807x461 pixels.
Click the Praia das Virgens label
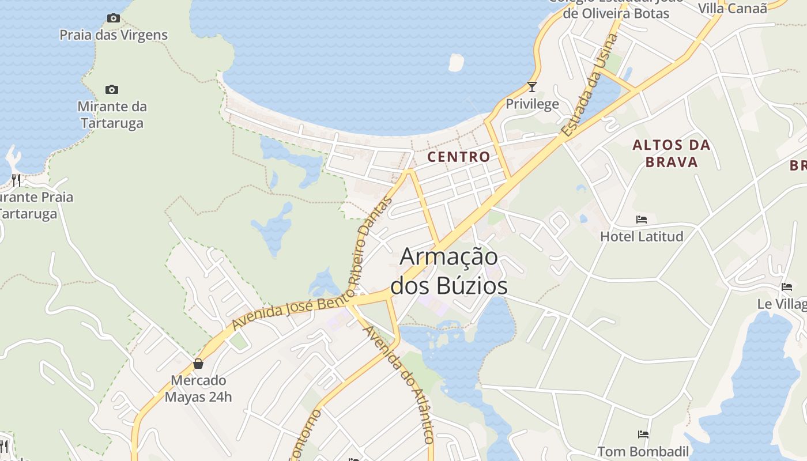tap(114, 35)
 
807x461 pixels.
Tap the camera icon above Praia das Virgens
tap(114, 18)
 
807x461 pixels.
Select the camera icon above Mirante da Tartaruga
tap(112, 89)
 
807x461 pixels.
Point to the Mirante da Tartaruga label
tap(112, 115)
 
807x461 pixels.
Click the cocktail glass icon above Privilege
tap(532, 87)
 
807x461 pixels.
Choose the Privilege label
tap(532, 104)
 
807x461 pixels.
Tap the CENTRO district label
tap(459, 157)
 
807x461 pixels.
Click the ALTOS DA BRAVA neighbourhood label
tap(672, 153)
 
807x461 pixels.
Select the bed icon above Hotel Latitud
tap(642, 220)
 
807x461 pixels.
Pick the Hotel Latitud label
tap(642, 236)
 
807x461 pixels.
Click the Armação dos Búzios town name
tap(449, 271)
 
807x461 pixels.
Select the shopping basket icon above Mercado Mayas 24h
tap(198, 364)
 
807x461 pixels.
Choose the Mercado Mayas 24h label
tap(198, 388)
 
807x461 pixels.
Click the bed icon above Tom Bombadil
tap(643, 434)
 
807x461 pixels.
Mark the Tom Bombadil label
tap(643, 451)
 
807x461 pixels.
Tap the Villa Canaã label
tap(733, 8)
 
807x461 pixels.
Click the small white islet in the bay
tap(456, 62)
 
